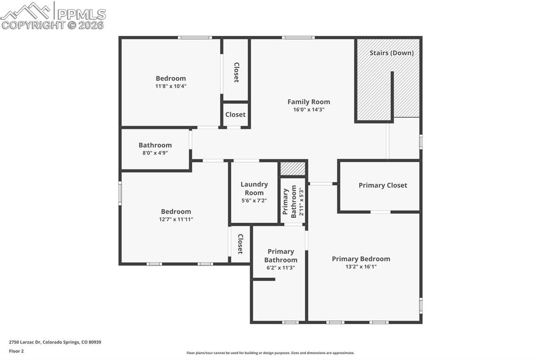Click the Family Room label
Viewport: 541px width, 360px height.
[x=309, y=102]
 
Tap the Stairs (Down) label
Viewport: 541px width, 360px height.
[x=391, y=53]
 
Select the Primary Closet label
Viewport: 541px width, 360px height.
[x=383, y=185]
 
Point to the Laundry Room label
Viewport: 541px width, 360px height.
[x=254, y=188]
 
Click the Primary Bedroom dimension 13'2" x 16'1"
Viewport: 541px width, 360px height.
[x=361, y=267]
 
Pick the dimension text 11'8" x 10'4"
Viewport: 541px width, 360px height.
[x=171, y=86]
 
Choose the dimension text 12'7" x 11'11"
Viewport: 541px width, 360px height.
[x=176, y=219]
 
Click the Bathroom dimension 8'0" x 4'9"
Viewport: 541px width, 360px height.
[x=155, y=153]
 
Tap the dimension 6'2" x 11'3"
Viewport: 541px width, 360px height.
[x=281, y=268]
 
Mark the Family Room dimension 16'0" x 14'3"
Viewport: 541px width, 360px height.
[x=309, y=110]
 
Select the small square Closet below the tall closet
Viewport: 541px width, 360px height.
[x=235, y=115]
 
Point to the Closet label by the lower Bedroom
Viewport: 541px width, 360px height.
[x=240, y=244]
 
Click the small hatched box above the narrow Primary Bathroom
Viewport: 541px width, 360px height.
[x=293, y=168]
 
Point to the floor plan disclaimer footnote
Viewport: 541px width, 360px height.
[x=270, y=353]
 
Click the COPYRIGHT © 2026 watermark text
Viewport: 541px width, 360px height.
[x=53, y=25]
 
